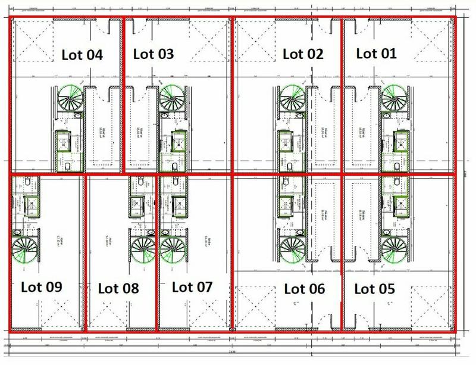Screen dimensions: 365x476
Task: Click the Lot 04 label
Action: coord(82,55)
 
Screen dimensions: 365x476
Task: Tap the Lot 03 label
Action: coord(153,54)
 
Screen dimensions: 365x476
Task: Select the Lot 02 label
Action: coord(303,54)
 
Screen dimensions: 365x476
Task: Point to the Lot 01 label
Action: coord(375,54)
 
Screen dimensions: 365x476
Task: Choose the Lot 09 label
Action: coord(42,287)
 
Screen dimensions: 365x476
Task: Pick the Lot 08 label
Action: coord(118,289)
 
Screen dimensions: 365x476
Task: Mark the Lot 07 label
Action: coord(192,287)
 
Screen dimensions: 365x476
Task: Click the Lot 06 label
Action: coord(305,289)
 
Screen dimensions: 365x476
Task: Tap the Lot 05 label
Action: coord(374,289)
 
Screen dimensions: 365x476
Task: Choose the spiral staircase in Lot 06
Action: coord(293,248)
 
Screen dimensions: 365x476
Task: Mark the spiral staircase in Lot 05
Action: coord(394,248)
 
